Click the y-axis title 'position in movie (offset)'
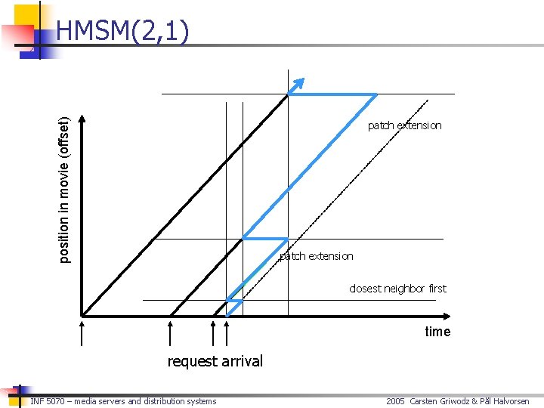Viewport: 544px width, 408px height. click(x=66, y=189)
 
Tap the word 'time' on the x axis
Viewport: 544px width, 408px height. click(x=437, y=332)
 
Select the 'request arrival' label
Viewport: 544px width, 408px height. click(x=215, y=361)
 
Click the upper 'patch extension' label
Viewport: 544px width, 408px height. click(x=404, y=125)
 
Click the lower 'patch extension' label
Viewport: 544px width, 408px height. click(x=316, y=256)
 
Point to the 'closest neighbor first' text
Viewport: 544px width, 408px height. click(x=397, y=289)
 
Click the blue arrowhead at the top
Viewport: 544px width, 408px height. click(x=299, y=83)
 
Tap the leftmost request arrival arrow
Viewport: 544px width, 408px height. click(x=82, y=332)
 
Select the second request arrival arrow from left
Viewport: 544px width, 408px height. click(x=171, y=332)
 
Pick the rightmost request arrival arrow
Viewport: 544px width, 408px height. click(x=227, y=332)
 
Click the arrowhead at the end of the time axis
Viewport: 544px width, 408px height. click(x=446, y=315)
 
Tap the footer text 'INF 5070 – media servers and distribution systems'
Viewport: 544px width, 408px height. click(x=123, y=401)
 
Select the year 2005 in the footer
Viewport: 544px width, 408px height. click(x=395, y=401)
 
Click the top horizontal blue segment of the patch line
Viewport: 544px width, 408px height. click(x=332, y=94)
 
